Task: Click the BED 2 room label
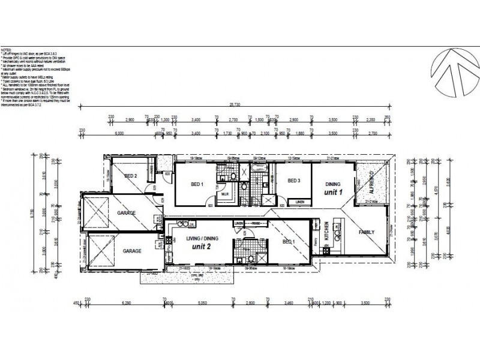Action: (x=131, y=176)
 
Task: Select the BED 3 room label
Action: (x=293, y=181)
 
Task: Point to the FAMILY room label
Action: (x=367, y=232)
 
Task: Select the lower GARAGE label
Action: (x=132, y=251)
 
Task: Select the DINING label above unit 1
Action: (x=333, y=184)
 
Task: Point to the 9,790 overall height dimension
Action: (x=31, y=213)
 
